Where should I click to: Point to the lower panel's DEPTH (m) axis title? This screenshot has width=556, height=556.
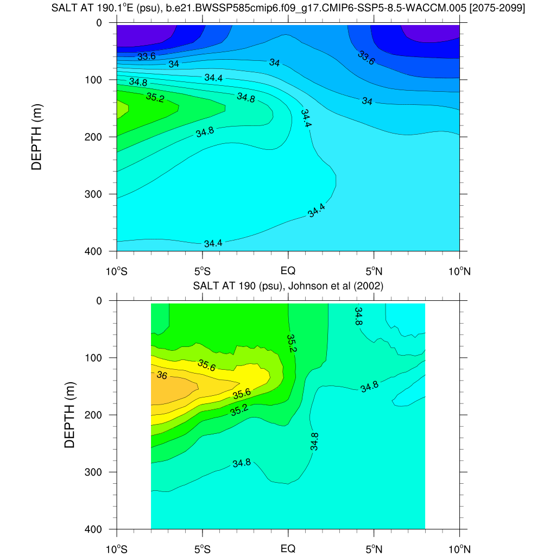[x=69, y=414]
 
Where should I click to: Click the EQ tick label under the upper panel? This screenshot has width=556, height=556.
[x=288, y=270]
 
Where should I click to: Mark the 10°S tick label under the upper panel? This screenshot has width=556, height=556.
[x=117, y=270]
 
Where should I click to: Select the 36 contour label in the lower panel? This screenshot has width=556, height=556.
[x=162, y=375]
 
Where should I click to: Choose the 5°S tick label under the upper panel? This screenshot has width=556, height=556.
[x=203, y=270]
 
